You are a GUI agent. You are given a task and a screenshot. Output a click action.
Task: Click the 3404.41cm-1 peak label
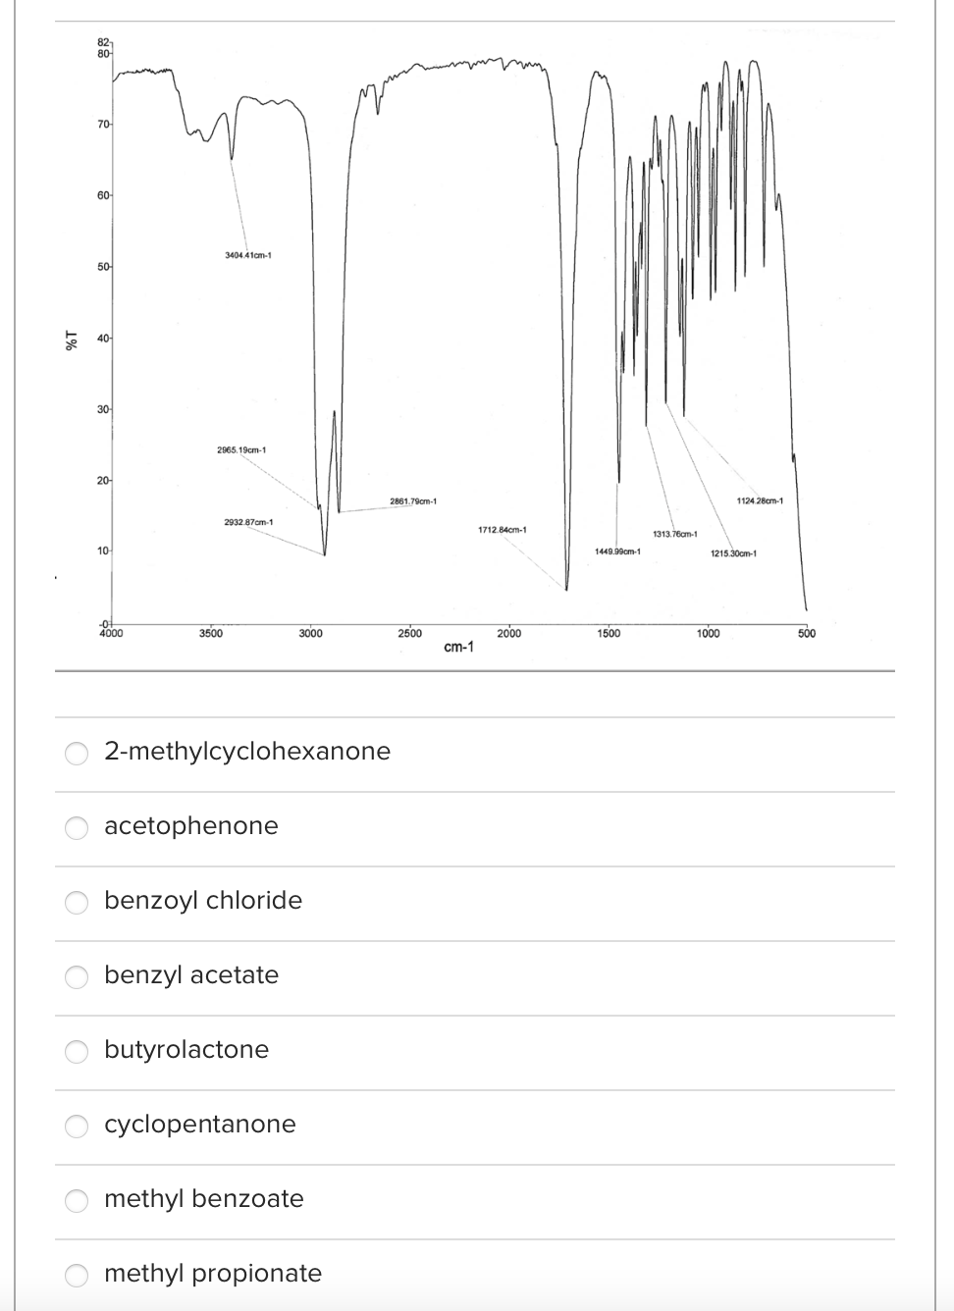[x=248, y=255]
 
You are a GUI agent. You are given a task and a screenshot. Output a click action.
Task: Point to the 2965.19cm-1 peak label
[x=241, y=450]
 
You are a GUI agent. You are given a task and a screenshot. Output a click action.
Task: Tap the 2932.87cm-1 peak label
[x=248, y=521]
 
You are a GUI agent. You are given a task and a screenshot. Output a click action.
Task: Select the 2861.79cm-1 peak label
[x=412, y=502]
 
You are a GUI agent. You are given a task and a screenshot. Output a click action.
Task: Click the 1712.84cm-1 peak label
[x=503, y=530]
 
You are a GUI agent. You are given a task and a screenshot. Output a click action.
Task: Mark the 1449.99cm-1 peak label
[x=617, y=551]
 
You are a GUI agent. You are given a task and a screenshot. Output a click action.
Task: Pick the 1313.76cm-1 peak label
[x=674, y=534]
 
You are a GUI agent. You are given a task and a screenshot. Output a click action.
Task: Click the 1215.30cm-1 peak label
[x=733, y=553]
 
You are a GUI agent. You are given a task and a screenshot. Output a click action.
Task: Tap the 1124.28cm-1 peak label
[x=759, y=501]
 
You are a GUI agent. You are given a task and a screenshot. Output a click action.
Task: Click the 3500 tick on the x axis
[x=210, y=634]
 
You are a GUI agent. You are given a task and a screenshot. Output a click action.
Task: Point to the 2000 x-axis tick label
[x=509, y=634]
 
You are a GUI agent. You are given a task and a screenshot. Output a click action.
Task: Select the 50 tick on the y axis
[x=103, y=267]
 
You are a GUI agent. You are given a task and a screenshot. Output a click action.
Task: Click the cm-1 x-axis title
[x=458, y=648]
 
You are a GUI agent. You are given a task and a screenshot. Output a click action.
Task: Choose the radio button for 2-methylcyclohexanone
[x=78, y=753]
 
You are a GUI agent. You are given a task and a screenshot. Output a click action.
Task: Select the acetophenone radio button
[x=78, y=827]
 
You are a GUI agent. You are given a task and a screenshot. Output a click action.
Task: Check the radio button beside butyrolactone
[x=78, y=1051]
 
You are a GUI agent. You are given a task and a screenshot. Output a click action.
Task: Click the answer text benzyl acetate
[x=191, y=974]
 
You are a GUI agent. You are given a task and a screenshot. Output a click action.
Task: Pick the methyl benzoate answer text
[x=204, y=1198]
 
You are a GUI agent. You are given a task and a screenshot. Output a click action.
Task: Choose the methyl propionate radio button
[x=78, y=1275]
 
